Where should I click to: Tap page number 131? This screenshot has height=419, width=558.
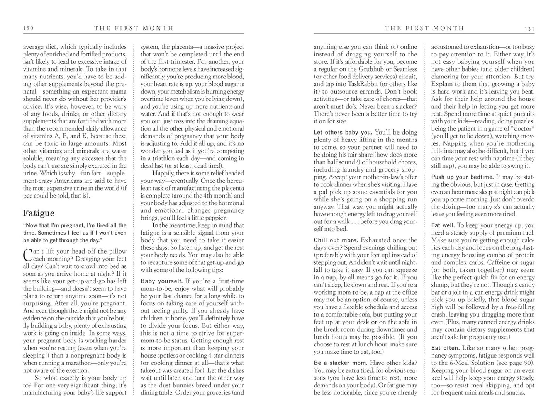coord(529,29)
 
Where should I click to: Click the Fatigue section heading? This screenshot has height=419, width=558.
coord(39,213)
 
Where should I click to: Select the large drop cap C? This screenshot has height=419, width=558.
coord(27,254)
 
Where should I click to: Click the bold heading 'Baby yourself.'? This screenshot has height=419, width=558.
coord(162,281)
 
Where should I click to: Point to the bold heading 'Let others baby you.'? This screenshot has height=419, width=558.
coord(343,132)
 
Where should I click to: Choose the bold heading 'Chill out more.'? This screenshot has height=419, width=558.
coord(336,240)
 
